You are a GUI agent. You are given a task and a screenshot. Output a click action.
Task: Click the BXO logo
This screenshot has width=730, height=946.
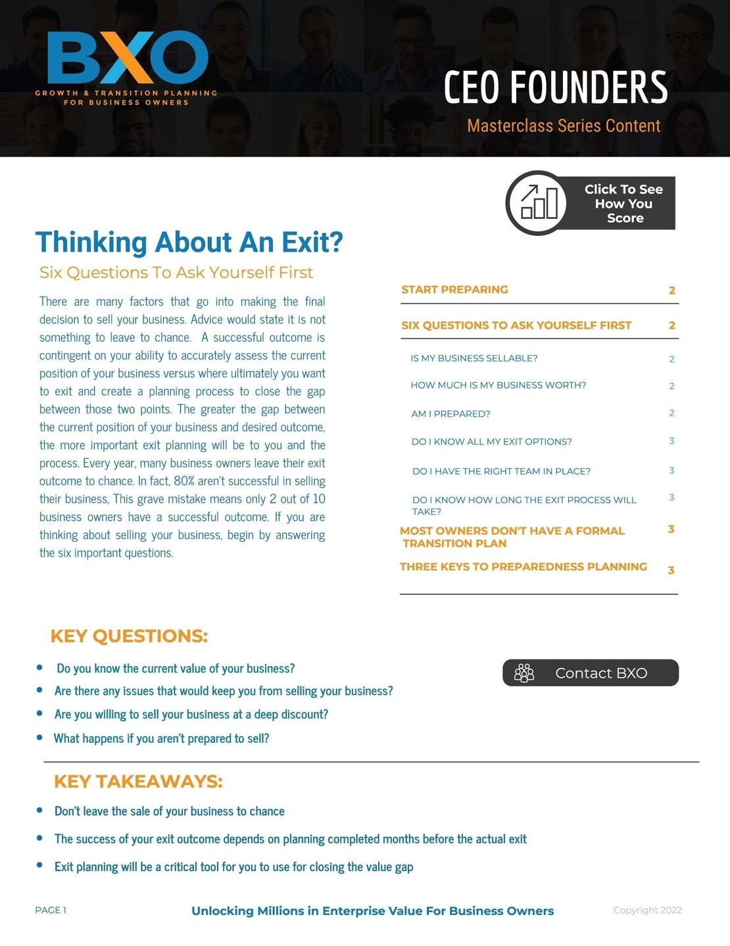(x=128, y=66)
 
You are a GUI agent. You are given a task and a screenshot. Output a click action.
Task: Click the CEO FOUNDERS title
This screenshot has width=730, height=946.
(x=556, y=87)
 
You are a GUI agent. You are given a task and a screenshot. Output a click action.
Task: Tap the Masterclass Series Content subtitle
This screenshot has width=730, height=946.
(x=564, y=126)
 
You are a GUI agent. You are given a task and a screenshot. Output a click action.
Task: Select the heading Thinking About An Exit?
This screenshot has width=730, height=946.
(x=189, y=242)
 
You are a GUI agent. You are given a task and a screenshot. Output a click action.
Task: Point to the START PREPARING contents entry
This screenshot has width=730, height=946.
(x=454, y=289)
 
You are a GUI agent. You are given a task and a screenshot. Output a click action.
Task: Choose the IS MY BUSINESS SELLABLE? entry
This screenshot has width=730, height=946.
(x=474, y=358)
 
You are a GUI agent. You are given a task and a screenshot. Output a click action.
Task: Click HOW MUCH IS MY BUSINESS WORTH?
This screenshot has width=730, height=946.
(x=498, y=385)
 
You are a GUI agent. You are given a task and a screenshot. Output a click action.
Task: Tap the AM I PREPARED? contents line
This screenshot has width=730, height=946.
(x=450, y=414)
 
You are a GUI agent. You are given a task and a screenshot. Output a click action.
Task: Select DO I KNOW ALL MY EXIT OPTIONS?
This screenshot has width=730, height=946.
(x=491, y=442)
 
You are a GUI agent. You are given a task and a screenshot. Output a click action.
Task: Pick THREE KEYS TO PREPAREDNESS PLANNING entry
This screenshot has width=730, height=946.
(x=523, y=567)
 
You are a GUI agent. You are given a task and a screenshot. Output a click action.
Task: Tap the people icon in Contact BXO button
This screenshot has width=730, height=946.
(x=524, y=673)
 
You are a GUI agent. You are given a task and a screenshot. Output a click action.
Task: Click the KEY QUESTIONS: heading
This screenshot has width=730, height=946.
(x=129, y=636)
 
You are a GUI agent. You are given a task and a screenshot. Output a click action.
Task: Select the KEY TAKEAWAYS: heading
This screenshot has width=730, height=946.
(x=138, y=781)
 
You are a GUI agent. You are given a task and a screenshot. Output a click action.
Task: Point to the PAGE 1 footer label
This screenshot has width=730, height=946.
(x=51, y=910)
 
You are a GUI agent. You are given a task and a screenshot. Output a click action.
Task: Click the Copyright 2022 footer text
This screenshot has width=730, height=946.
(x=647, y=910)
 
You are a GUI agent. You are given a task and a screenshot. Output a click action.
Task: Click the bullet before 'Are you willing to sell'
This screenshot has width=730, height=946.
(x=40, y=713)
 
